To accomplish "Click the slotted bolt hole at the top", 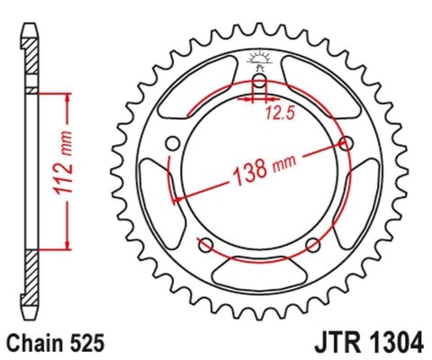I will click(259, 87).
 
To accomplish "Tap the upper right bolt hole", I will click(346, 142).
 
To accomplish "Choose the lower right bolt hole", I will click(312, 245).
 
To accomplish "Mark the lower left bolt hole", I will click(205, 245).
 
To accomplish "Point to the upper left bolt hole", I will click(172, 142).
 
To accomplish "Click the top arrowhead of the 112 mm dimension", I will click(65, 97).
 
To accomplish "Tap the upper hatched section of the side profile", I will click(32, 63).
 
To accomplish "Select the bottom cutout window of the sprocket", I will click(259, 270).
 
